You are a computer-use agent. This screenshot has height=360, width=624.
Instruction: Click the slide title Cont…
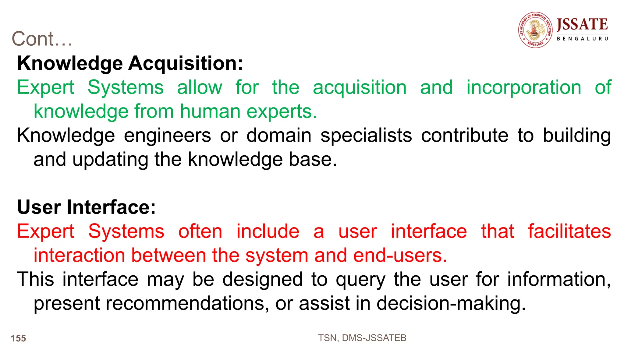coord(42,39)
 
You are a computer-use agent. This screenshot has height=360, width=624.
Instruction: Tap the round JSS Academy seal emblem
coord(535,30)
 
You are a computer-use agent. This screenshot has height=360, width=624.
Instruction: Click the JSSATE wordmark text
coord(582,24)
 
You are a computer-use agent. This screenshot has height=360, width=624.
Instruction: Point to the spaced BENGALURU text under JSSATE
coord(582,39)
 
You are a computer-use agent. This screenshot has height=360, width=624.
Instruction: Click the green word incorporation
coord(524,87)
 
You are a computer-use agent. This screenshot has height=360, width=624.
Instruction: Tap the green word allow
coord(200,87)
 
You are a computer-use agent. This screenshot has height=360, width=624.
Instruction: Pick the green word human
coord(210,111)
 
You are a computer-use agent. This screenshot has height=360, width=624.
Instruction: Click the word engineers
coord(167,135)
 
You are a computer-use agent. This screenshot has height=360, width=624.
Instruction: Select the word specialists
coord(366,135)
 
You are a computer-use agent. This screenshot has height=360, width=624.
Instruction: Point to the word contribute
coord(465,135)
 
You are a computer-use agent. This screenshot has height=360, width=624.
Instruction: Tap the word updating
coord(110,159)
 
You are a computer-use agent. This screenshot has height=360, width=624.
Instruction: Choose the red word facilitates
coord(569,231)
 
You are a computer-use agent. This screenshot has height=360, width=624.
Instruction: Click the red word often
coord(200,231)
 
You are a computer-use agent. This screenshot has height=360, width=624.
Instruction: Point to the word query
coord(361,280)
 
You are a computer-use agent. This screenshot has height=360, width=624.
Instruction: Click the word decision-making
coord(451,303)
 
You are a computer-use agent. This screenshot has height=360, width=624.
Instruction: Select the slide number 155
coord(18,338)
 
